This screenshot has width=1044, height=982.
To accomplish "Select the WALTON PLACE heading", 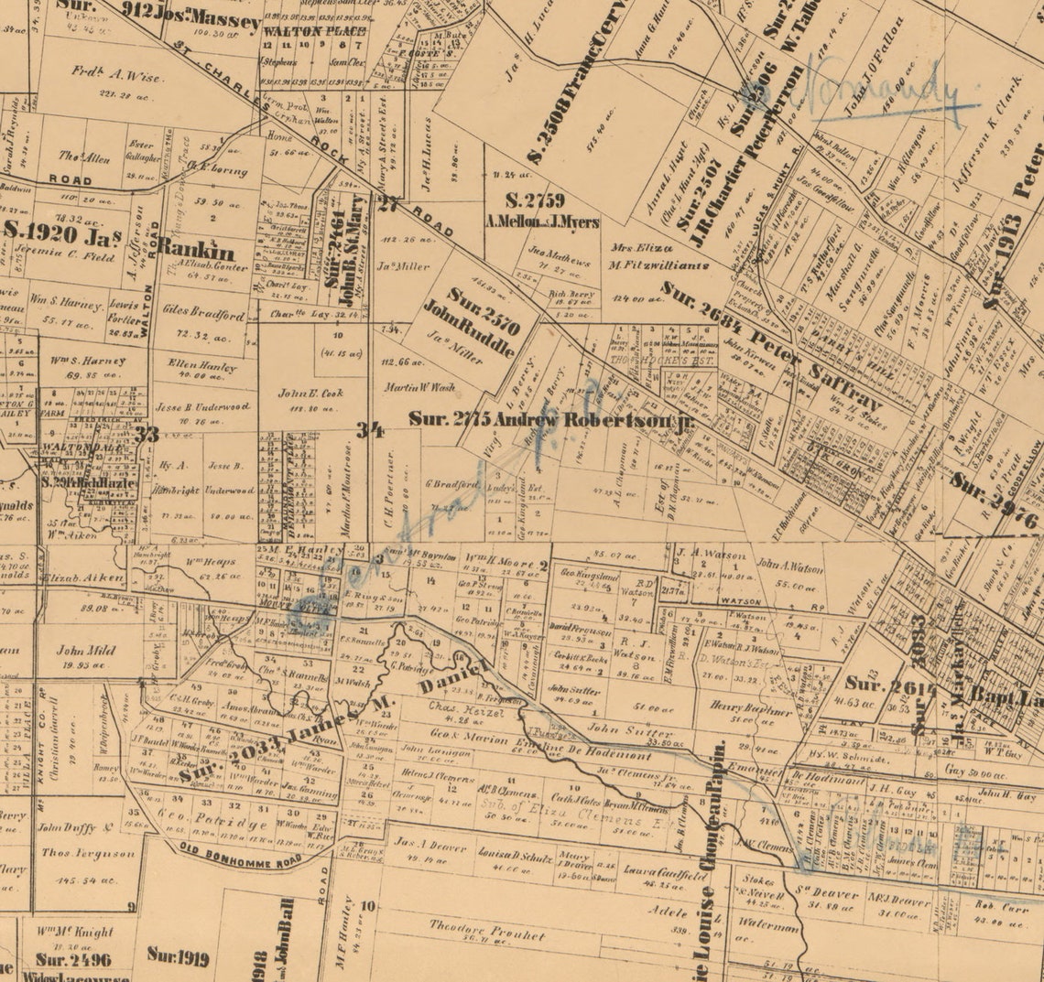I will coord(301,31).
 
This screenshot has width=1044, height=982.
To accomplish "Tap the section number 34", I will coord(370,429).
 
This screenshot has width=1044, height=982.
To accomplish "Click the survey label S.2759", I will coord(535,200).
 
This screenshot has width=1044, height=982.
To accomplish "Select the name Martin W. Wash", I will coord(419,386).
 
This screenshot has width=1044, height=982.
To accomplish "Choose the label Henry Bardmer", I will coord(750,710).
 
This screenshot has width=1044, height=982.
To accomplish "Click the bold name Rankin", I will coord(195,247).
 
